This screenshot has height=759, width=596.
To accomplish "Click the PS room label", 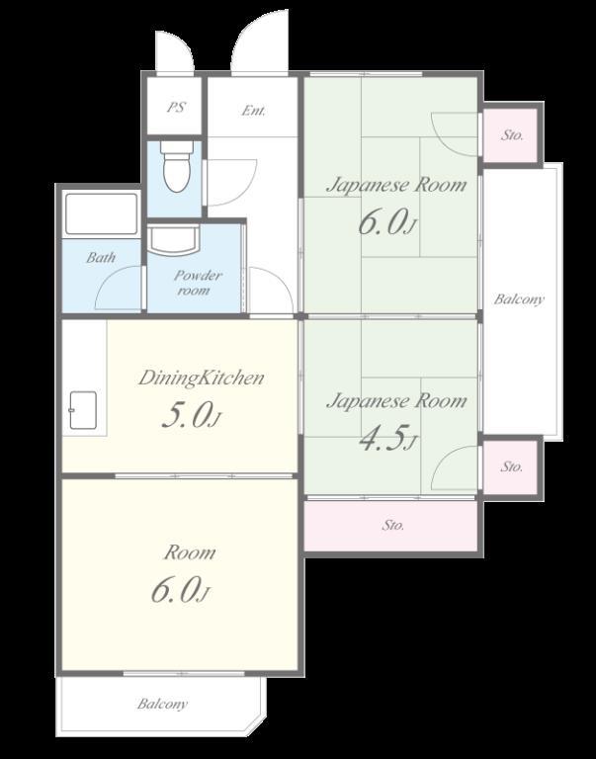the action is point(176,107).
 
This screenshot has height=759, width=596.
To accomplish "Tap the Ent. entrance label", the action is point(254,111).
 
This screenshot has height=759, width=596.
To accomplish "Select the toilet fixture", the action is point(175,166).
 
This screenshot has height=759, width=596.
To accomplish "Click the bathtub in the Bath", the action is point(101,213).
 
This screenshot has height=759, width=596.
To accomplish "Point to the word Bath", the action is point(101,258).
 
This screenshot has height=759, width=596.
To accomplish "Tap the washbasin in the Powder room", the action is point(173,239).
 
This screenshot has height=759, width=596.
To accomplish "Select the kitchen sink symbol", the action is point(83,410).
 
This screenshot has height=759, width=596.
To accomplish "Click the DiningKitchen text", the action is point(201,378).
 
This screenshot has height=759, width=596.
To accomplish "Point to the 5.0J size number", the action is point(191,415).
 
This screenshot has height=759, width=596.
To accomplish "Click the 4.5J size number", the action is point(387,438).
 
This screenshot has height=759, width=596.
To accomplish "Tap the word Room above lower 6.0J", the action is point(190,552).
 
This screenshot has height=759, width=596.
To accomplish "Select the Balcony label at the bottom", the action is point(162,704).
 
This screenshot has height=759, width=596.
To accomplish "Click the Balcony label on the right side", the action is point(519,299).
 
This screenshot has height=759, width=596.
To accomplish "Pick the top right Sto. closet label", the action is point(512,135).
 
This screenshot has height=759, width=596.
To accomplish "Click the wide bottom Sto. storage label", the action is point(392,525).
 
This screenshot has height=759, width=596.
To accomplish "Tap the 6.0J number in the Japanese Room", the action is point(386,222).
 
